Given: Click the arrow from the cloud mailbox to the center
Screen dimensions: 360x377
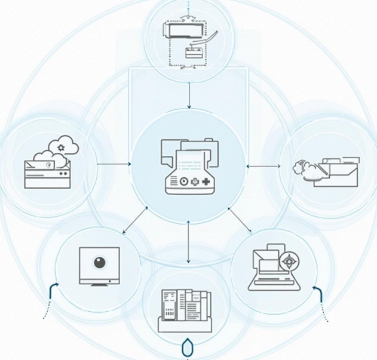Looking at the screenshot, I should [114, 163].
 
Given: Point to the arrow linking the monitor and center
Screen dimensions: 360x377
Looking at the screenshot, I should [136, 220].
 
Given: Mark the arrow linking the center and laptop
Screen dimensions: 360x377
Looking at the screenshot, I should [240, 219].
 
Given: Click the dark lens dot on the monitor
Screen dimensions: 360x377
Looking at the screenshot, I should [99, 261].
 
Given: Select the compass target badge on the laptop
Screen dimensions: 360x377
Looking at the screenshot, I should [290, 261].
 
